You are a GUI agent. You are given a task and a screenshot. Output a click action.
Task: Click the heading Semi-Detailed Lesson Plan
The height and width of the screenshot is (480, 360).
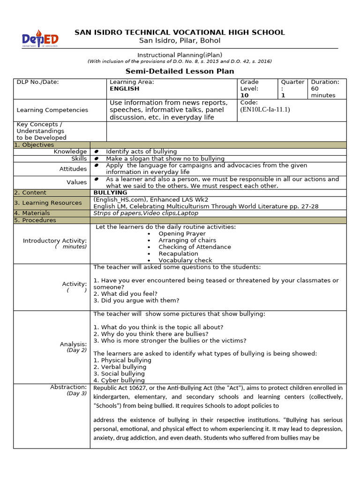tap(180, 71)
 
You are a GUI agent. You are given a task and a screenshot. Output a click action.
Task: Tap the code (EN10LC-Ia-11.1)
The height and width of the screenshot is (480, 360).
tap(265, 110)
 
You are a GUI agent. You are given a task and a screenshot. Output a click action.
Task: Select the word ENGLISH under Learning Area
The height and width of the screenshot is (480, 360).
tap(124, 89)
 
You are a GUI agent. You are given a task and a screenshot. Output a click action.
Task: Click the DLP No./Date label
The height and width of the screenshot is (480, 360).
tap(38, 82)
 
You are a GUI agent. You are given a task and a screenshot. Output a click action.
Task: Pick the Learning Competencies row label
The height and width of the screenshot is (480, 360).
tap(52, 110)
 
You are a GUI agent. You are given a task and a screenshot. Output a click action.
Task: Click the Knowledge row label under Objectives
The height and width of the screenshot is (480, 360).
tap(70, 151)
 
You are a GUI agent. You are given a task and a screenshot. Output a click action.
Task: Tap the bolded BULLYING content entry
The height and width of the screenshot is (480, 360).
tap(110, 193)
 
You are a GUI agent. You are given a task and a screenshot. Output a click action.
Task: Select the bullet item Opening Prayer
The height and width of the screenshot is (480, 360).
tap(182, 233)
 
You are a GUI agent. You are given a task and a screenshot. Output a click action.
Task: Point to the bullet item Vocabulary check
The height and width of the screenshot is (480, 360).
tap(185, 260)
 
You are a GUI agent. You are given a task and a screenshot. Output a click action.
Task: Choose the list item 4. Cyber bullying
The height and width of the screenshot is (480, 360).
tap(119, 381)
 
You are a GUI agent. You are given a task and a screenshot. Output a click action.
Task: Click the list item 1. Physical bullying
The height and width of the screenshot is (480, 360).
tap(122, 360)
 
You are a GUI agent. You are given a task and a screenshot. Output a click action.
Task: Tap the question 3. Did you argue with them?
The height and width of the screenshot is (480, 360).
tap(136, 300)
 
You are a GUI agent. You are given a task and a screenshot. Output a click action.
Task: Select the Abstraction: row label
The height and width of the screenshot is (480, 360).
tap(68, 387)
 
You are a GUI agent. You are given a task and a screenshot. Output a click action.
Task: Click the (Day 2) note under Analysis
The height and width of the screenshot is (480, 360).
tap(77, 350)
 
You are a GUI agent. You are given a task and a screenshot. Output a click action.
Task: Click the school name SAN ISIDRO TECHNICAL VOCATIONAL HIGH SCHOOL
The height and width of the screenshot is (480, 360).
tap(180, 32)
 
